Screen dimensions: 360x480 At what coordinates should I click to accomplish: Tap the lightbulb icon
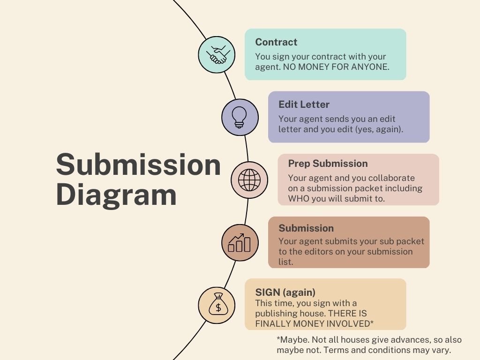[x=240, y=117]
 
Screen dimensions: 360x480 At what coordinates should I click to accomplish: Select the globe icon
[x=249, y=180]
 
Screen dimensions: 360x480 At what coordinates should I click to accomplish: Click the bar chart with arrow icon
[x=240, y=242]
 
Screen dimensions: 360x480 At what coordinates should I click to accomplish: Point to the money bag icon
[x=216, y=305]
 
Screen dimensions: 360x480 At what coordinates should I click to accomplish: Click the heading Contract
[x=276, y=42]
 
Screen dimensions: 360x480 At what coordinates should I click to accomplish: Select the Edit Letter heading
[x=304, y=105]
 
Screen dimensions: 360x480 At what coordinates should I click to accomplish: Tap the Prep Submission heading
[x=328, y=164]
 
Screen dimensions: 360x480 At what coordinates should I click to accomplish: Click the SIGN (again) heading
[x=285, y=292]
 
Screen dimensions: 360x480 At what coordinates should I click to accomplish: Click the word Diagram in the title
[x=116, y=194]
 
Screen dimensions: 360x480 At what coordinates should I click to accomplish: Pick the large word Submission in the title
[x=138, y=165]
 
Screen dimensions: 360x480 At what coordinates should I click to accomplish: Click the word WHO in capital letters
[x=299, y=198]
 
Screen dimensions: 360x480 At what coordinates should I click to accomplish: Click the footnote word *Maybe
[x=292, y=340]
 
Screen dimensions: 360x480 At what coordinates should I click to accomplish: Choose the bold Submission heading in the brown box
[x=306, y=228]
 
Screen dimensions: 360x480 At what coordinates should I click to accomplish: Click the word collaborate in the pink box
[x=392, y=178]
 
